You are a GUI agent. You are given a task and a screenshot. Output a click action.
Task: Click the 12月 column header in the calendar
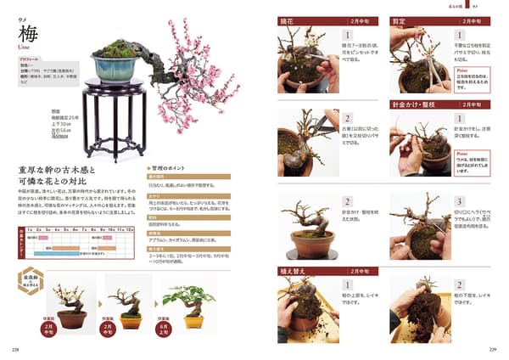click(130, 229)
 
